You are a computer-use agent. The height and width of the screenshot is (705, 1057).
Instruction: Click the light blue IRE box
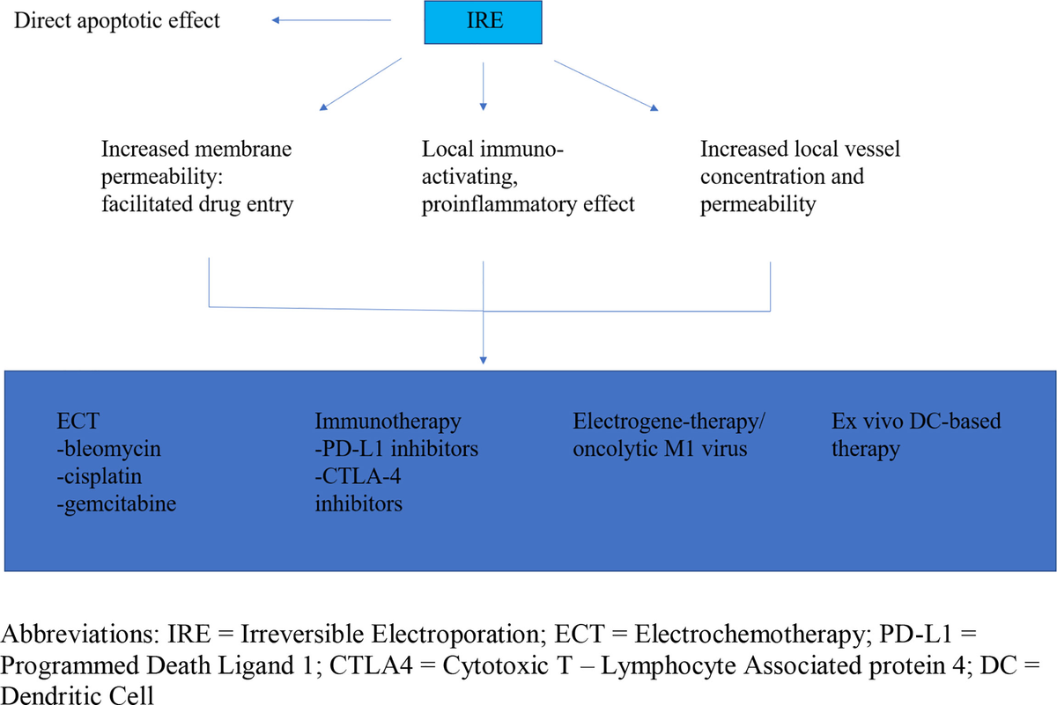coord(484,22)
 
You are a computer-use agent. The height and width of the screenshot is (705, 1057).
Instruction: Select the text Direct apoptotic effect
coord(116,20)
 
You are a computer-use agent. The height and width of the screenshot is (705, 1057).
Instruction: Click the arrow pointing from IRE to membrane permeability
coord(361,84)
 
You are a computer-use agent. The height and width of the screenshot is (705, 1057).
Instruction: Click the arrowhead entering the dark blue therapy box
coord(483,359)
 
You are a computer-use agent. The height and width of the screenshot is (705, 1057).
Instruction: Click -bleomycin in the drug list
coord(108,449)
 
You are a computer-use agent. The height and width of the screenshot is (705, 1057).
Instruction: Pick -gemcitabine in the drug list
coord(115,504)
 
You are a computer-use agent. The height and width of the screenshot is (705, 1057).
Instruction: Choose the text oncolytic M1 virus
coord(661,449)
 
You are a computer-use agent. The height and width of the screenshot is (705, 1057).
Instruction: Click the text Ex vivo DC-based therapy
coord(916,435)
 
